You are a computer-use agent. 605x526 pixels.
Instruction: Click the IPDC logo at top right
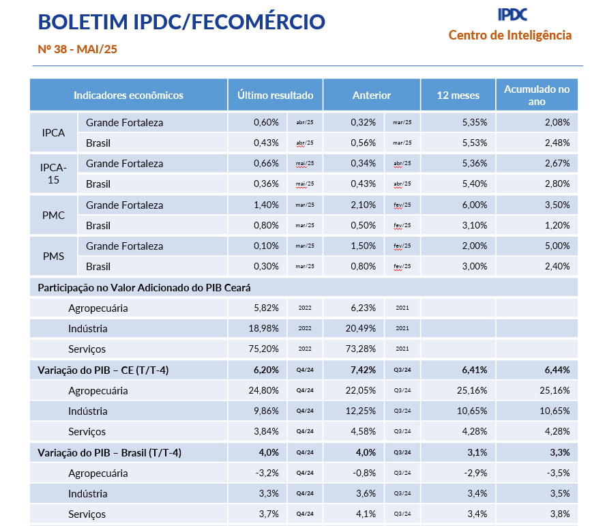(512, 14)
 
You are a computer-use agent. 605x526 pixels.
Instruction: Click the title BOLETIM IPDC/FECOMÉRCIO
(181, 22)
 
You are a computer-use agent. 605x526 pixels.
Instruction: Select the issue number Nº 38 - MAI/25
(78, 49)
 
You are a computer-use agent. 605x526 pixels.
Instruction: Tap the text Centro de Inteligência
(510, 35)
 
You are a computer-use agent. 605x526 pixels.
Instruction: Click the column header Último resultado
(275, 96)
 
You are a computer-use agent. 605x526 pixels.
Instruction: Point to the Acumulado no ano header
(536, 96)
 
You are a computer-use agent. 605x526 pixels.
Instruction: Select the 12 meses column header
(458, 96)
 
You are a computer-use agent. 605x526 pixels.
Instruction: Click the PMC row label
(53, 216)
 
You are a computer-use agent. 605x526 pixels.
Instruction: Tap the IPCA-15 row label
(53, 174)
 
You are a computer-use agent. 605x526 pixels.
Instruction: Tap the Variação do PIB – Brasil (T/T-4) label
(109, 452)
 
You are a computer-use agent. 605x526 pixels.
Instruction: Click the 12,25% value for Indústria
(361, 411)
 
